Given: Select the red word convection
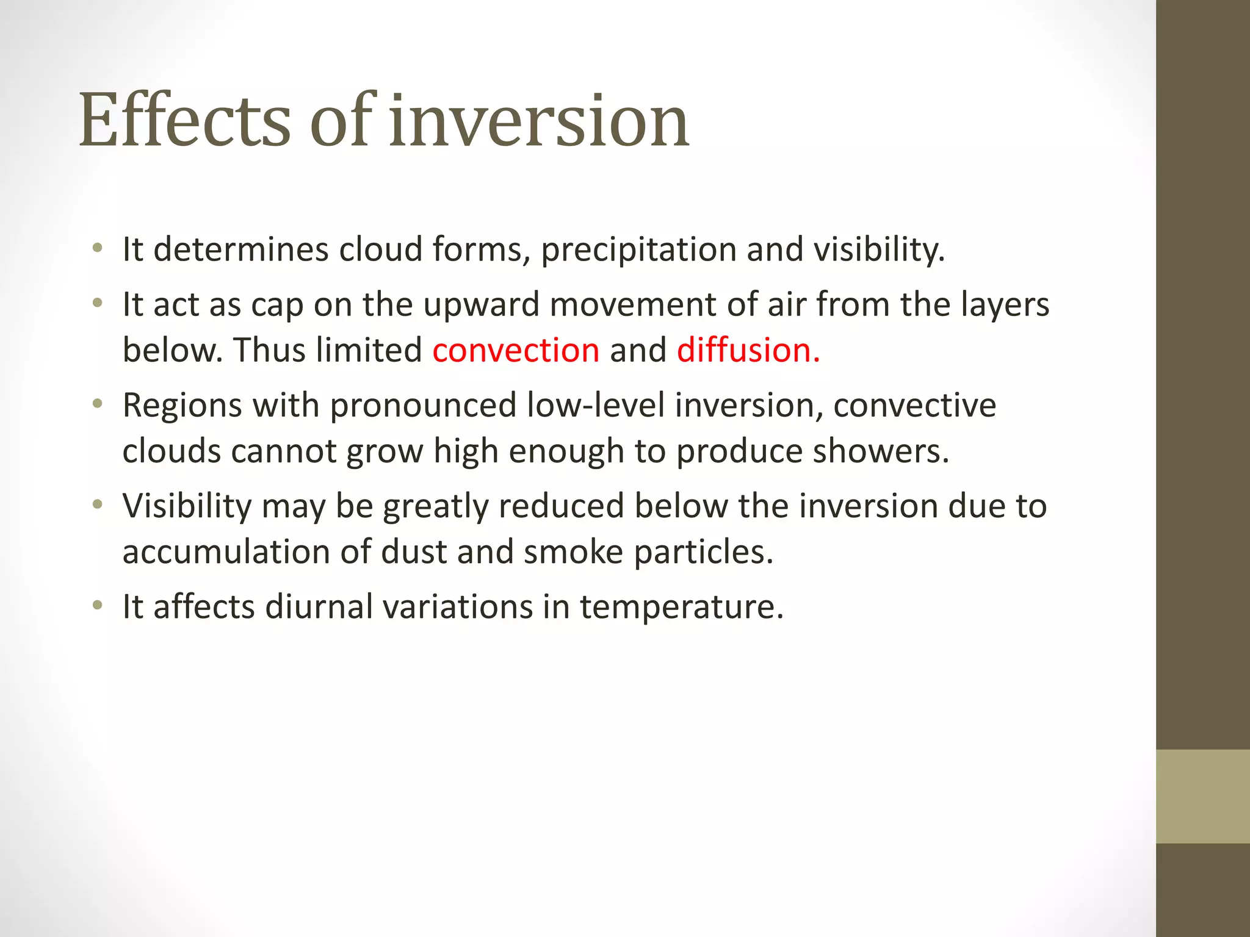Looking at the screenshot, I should tap(516, 351).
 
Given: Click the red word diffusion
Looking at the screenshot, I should tap(748, 351).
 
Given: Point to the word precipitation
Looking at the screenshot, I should tap(638, 250).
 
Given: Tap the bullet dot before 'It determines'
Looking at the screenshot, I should tap(97, 248).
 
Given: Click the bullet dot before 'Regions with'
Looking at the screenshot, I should tap(97, 404).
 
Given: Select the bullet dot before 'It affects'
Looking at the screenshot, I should tap(97, 606).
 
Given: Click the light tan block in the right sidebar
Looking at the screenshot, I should tap(1202, 796).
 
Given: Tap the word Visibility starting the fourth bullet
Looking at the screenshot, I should tap(187, 507).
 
